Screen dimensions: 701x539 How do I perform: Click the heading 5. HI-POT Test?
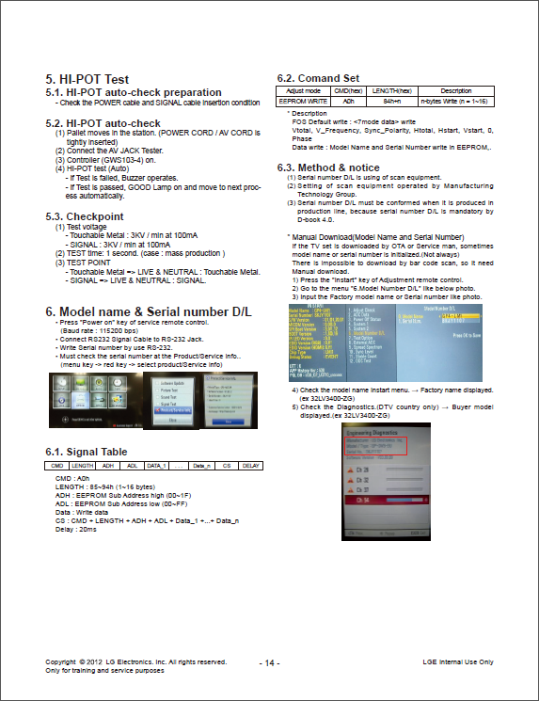coord(87,79)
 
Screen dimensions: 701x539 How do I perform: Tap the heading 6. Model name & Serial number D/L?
coord(149,311)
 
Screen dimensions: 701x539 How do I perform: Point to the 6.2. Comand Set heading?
coord(318,78)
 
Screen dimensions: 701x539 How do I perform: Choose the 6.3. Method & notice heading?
coord(328,167)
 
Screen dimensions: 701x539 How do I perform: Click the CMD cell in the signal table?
coord(56,465)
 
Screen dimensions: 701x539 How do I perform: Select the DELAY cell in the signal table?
coord(250,465)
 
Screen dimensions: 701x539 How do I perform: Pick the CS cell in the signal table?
coord(227,465)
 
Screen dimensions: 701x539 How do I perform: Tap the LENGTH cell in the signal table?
coord(82,465)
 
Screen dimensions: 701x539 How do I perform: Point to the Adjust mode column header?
coord(302,90)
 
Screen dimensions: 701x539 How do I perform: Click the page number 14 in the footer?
coord(269,662)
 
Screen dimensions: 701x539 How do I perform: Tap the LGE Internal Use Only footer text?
coord(458,661)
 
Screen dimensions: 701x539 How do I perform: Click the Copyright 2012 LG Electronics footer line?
coord(135,661)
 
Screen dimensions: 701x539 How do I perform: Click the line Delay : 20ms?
coord(76,529)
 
